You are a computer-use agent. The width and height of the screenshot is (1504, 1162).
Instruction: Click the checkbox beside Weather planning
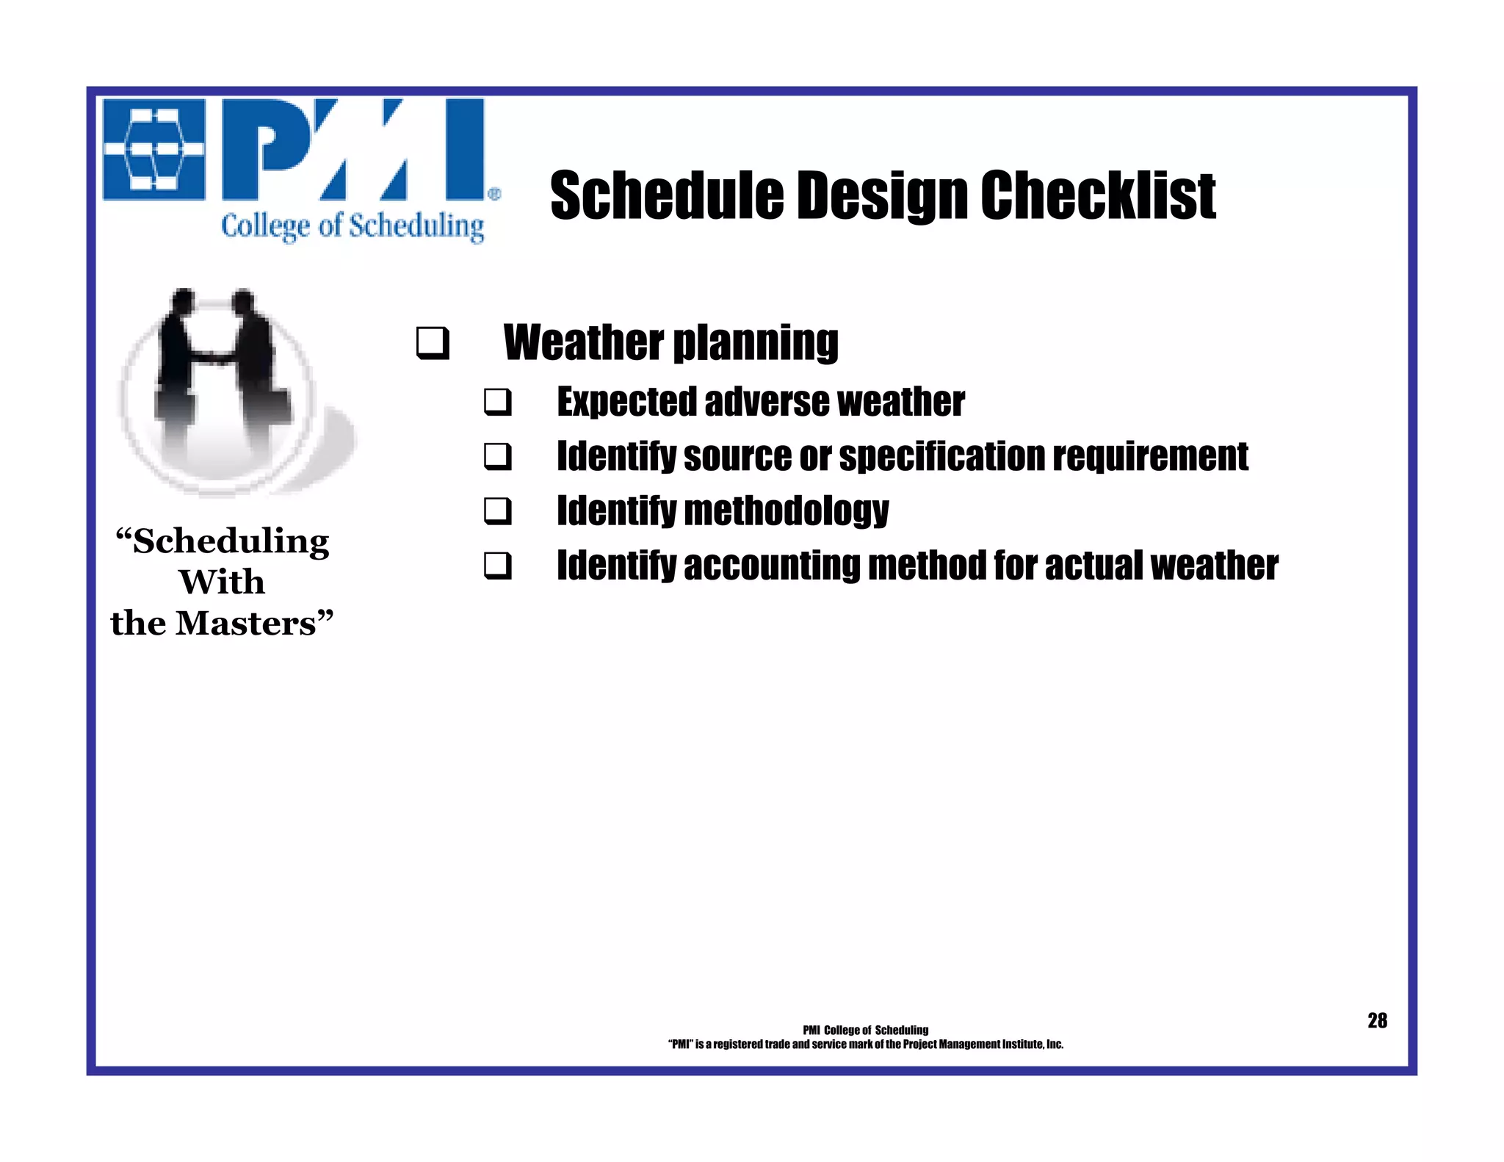pos(433,343)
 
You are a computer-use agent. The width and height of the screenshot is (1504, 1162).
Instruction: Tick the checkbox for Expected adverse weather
pos(497,403)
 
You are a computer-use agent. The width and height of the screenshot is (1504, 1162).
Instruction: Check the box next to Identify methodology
pos(497,510)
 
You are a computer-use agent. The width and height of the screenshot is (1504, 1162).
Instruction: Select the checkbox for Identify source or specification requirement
pos(497,456)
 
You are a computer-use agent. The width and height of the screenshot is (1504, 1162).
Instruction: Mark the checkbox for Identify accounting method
pos(497,566)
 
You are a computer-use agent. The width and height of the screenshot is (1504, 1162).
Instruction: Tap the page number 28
pos(1377,1020)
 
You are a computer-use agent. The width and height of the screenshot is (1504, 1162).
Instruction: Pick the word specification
pos(941,457)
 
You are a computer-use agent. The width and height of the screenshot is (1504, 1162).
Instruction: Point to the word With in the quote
pos(222,582)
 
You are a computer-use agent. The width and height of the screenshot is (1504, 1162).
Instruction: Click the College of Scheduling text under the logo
pos(352,226)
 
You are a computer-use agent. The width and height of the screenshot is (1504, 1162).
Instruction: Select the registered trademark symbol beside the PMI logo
pos(494,194)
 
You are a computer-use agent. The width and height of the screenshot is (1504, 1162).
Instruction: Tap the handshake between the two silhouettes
pos(211,359)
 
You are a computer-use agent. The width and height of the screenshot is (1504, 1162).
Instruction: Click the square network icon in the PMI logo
pos(153,150)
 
